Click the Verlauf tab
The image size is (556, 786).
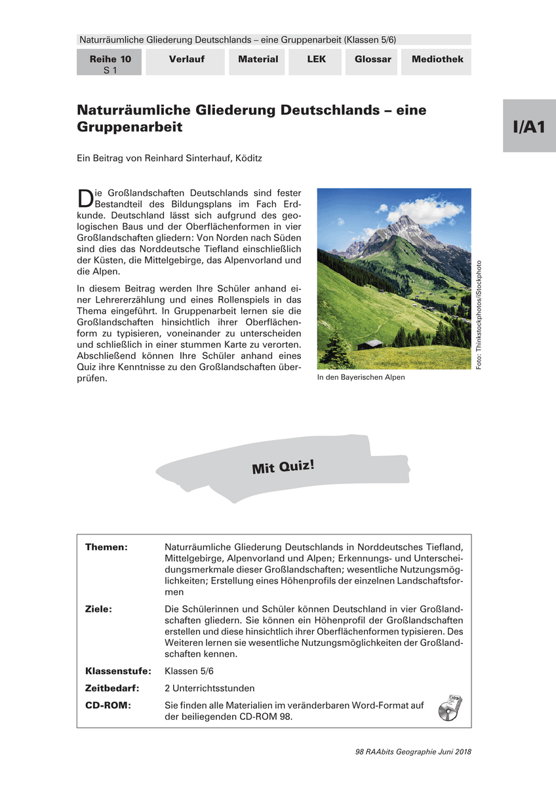tap(186, 60)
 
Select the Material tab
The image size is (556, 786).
tap(258, 60)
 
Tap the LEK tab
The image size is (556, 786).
tap(316, 60)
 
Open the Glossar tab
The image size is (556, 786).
tap(372, 60)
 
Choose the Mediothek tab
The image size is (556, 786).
tap(437, 60)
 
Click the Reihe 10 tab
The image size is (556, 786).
tap(109, 64)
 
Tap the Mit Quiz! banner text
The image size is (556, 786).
tap(283, 467)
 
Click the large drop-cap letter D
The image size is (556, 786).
tap(84, 198)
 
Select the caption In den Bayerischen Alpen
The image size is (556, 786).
tap(361, 377)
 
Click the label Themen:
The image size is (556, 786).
tap(106, 547)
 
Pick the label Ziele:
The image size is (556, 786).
tap(99, 609)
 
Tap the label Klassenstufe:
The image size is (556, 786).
tap(118, 671)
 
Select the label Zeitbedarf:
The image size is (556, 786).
tap(112, 688)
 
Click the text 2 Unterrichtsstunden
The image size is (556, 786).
tap(210, 688)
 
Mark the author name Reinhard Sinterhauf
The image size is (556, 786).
tap(178, 158)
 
